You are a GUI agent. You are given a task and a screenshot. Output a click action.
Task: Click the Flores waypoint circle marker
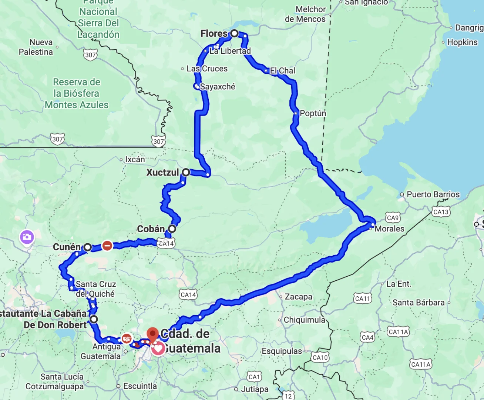(x=234, y=34)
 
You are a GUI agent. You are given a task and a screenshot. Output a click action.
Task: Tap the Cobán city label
(x=151, y=229)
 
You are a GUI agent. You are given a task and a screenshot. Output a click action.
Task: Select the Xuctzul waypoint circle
(x=186, y=172)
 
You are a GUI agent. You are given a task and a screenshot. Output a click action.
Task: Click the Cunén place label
(x=67, y=247)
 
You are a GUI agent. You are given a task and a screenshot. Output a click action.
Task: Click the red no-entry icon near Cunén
(x=107, y=245)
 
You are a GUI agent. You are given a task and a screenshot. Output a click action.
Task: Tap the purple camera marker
(x=27, y=237)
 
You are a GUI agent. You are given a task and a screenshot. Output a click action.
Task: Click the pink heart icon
(x=158, y=349)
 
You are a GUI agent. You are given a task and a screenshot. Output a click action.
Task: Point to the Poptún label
(x=313, y=113)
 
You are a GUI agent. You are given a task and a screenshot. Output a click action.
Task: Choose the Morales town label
(x=389, y=229)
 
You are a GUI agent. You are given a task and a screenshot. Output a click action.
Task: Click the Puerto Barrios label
(x=433, y=194)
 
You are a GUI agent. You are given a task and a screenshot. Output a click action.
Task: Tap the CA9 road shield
(x=393, y=218)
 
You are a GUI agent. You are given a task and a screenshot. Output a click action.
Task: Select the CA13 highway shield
(x=441, y=212)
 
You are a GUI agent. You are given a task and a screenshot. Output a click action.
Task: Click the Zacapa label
(x=298, y=297)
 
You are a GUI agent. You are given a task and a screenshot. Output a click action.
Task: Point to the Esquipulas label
(x=282, y=351)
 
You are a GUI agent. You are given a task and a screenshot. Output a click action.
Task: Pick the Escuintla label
(x=140, y=386)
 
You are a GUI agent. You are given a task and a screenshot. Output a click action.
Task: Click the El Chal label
(x=282, y=71)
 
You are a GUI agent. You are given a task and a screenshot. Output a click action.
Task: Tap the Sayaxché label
(x=217, y=87)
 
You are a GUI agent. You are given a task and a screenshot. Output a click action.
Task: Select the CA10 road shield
(x=320, y=357)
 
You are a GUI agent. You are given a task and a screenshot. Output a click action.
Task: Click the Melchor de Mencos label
(x=305, y=14)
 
